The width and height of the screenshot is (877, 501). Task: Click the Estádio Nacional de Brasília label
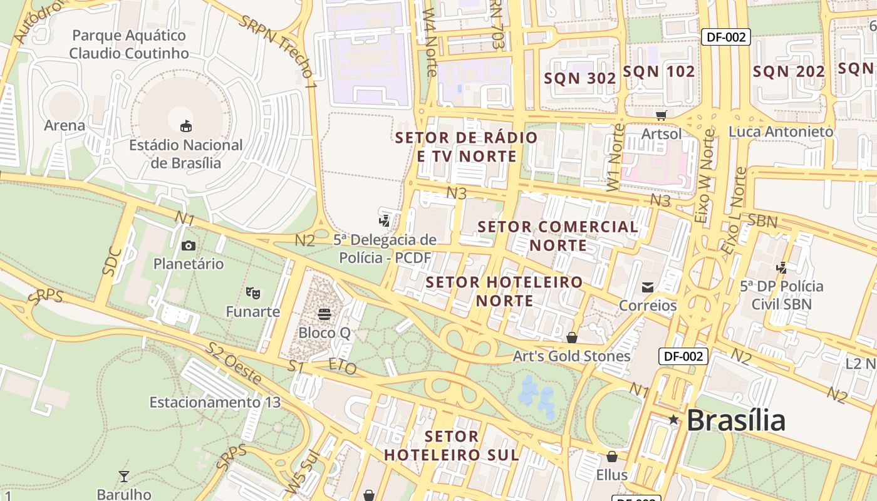tap(185, 154)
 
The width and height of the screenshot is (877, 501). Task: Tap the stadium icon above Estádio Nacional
tap(186, 127)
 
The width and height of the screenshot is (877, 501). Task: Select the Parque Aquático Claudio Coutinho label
tap(128, 44)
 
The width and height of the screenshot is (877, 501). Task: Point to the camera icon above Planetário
tap(188, 245)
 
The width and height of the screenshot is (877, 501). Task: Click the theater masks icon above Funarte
tap(253, 292)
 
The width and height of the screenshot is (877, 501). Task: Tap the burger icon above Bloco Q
tap(324, 314)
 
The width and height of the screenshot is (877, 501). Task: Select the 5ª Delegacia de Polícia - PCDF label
tap(385, 249)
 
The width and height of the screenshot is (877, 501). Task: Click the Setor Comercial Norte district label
tap(558, 235)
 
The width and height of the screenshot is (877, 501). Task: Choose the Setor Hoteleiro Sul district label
tap(452, 445)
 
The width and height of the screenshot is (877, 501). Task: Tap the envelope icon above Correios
tap(648, 287)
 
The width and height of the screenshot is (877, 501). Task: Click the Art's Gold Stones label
tap(571, 356)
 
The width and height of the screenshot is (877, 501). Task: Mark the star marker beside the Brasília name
tap(673, 420)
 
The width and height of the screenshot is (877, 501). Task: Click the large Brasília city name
tap(735, 420)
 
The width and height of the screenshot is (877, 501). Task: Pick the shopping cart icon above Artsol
tap(662, 115)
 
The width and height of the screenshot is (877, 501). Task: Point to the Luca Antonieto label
tap(781, 132)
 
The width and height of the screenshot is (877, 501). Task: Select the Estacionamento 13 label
tap(215, 402)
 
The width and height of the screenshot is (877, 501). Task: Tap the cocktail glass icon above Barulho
tap(124, 477)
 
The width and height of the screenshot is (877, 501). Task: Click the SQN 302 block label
tap(580, 78)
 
